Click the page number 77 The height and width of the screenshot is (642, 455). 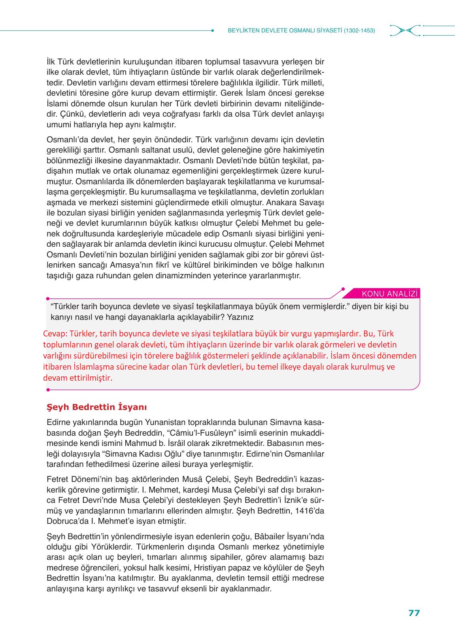pyautogui.click(x=414, y=613)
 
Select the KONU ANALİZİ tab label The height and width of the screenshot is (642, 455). pyautogui.click(x=390, y=293)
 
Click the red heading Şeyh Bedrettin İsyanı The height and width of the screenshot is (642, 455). pyautogui.click(x=97, y=407)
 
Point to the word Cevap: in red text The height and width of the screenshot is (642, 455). pyautogui.click(x=55, y=334)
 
